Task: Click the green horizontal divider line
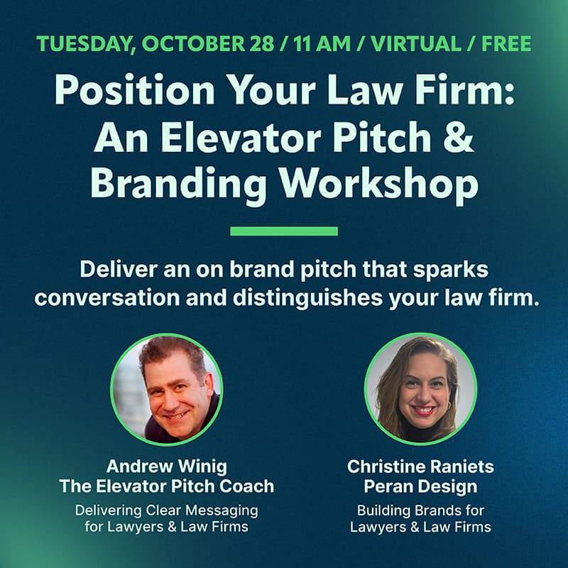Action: (x=284, y=231)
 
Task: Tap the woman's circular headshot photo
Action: (x=420, y=390)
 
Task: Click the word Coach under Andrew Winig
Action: (x=250, y=487)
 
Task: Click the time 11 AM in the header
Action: (x=313, y=43)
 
